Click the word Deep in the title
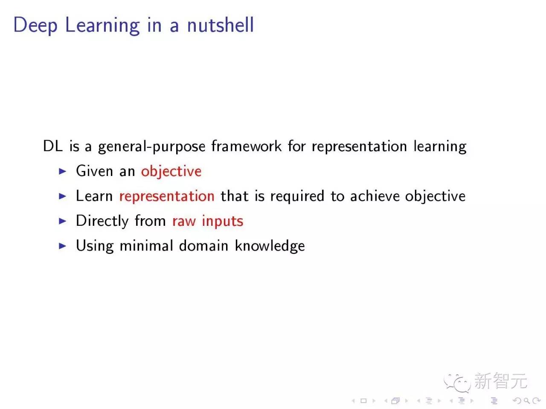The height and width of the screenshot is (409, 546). [35, 25]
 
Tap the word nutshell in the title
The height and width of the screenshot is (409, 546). [220, 25]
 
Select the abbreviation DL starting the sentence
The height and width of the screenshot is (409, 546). [52, 146]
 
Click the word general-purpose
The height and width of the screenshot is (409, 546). [152, 147]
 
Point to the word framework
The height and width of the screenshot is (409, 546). [246, 146]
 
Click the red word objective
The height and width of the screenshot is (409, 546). [171, 171]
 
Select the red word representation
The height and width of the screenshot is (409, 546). [167, 196]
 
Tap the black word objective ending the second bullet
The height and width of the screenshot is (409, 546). [435, 196]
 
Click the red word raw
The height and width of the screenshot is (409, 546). [184, 221]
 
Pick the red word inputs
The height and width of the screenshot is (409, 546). [222, 222]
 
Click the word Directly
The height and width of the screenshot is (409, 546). [102, 221]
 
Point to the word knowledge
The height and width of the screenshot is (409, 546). [270, 246]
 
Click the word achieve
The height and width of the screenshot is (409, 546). [375, 196]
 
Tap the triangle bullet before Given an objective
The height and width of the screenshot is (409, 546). [63, 171]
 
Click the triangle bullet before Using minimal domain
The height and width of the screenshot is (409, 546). [63, 246]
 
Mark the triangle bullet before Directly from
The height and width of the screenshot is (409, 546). [63, 221]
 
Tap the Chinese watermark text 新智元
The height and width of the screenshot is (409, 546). [500, 381]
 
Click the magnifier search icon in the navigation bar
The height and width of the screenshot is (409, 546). [526, 400]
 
